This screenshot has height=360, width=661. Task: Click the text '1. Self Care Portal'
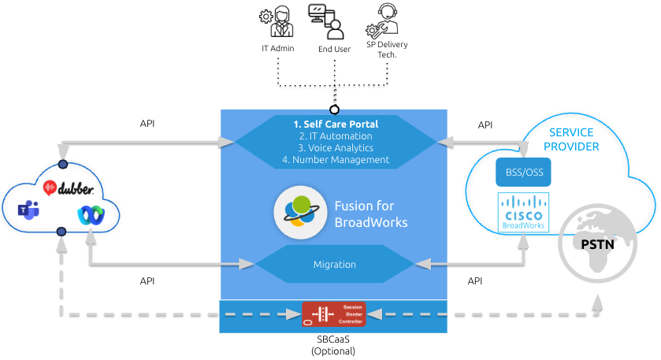[336, 124]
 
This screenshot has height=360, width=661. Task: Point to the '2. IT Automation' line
[336, 136]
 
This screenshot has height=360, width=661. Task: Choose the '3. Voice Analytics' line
[336, 148]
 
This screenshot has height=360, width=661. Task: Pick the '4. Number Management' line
[336, 160]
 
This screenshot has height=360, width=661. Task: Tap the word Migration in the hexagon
[335, 265]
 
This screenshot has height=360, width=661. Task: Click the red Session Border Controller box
[333, 313]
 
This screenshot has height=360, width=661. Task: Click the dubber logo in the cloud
[69, 188]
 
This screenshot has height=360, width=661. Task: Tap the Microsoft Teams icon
[29, 210]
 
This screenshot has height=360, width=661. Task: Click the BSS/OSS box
[523, 171]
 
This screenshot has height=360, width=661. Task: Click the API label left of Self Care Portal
[147, 124]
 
